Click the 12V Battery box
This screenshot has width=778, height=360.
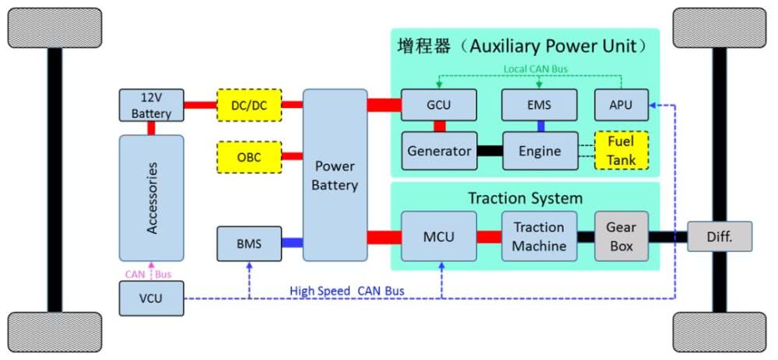151,105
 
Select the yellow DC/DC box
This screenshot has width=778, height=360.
250,105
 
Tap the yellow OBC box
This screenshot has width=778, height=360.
250,157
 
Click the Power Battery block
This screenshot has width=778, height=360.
335,175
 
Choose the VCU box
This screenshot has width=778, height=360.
151,299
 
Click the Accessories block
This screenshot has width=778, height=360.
151,198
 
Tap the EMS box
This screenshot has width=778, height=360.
539,105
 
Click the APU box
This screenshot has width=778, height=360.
621,105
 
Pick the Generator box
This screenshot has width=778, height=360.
440,151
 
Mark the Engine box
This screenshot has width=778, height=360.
539,151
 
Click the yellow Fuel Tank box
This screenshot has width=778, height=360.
621,151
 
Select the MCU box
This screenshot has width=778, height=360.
438,236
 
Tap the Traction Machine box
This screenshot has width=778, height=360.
539,236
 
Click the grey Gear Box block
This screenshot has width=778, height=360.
621,236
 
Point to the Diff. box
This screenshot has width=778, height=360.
720,236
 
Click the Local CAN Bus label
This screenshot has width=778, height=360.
535,68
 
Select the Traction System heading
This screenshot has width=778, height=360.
524,198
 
